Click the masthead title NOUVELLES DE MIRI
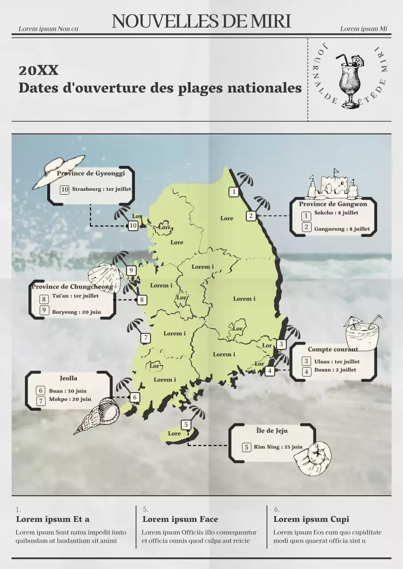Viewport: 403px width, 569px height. tap(201, 21)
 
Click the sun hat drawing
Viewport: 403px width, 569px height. tap(58, 171)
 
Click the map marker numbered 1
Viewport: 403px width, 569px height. tap(234, 192)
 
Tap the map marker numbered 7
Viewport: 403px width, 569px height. tap(146, 338)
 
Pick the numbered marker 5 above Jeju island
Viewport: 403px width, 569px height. tap(186, 425)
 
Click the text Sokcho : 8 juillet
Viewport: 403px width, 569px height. tap(336, 213)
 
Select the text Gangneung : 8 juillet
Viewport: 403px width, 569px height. tap(342, 229)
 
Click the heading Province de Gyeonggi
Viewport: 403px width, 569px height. tap(91, 173)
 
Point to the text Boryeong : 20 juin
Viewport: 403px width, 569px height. tap(76, 312)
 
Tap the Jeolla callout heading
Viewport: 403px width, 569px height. tap(69, 378)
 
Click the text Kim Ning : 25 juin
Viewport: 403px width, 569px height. tap(278, 447)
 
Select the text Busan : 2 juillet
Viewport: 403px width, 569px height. tap(335, 370)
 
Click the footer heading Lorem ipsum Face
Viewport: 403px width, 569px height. tap(180, 519)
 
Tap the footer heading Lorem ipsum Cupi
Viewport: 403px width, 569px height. tap(311, 519)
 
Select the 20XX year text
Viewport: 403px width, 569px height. tap(38, 70)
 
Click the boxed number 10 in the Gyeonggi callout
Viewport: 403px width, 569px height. tap(65, 190)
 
